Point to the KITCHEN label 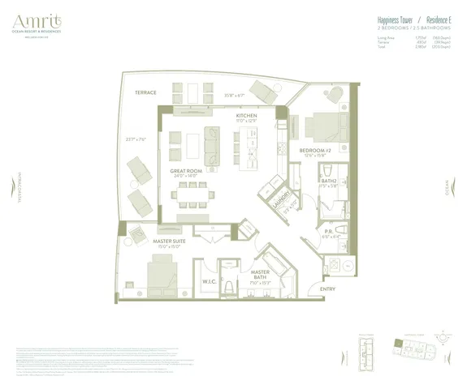[246, 116]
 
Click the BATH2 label [329, 180]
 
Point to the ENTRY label [327, 289]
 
